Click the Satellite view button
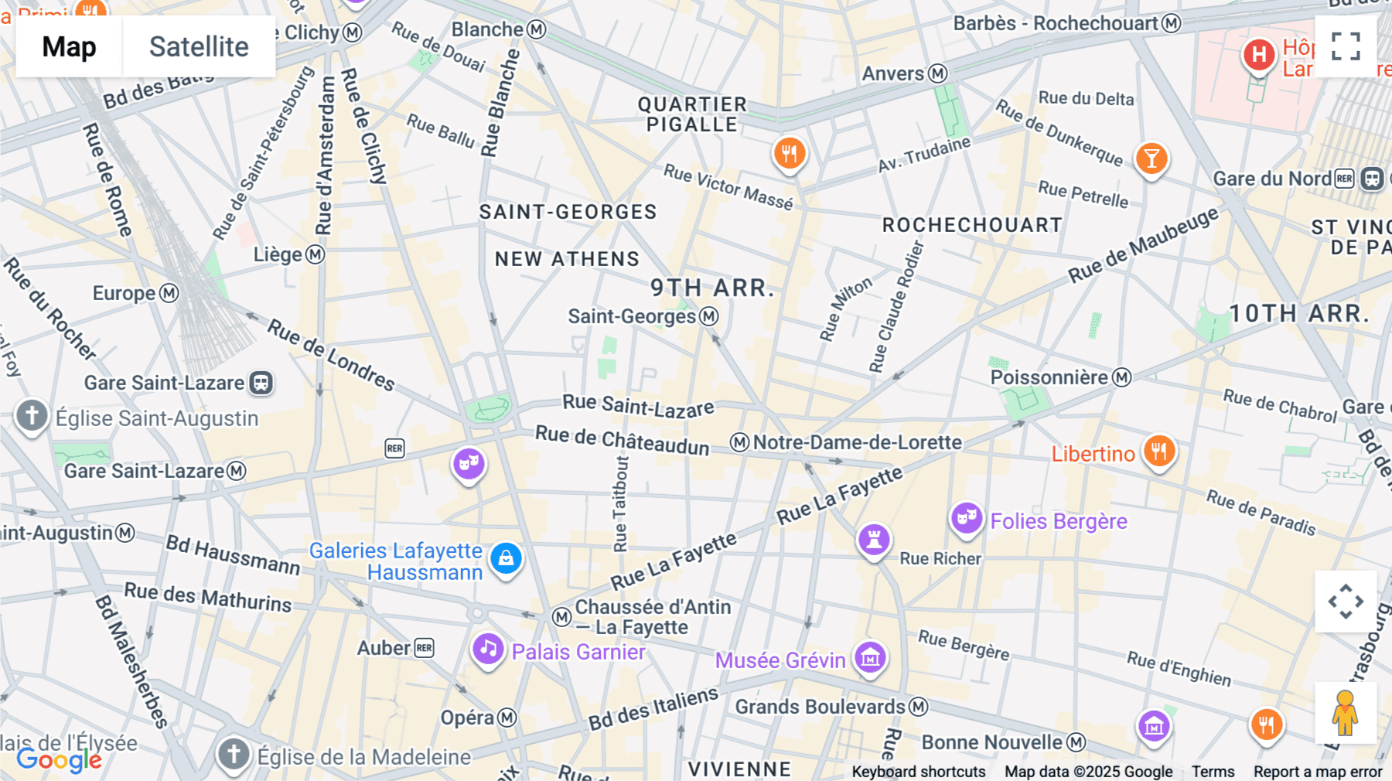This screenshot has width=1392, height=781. coord(199,46)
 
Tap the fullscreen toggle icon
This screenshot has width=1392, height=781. coord(1346,46)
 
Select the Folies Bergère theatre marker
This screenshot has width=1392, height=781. coord(967,518)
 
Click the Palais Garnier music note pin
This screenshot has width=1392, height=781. coord(488,650)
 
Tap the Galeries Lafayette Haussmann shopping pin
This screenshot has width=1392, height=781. coord(506,558)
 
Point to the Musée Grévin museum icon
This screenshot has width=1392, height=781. coord(870,658)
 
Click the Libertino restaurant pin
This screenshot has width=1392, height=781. coord(1158,451)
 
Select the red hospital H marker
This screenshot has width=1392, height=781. coord(1258,55)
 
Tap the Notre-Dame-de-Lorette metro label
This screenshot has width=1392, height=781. coord(857,442)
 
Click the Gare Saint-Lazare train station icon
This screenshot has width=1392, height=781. coord(261,383)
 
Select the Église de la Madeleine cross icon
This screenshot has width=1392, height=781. coord(234,753)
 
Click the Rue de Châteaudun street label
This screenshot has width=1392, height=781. coord(622,441)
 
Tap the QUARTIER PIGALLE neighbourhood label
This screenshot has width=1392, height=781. coord(692,114)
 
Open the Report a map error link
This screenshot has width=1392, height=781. coord(1317,771)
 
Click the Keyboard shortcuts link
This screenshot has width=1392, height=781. coord(918,771)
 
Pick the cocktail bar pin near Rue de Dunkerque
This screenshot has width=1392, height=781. coord(1151,159)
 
